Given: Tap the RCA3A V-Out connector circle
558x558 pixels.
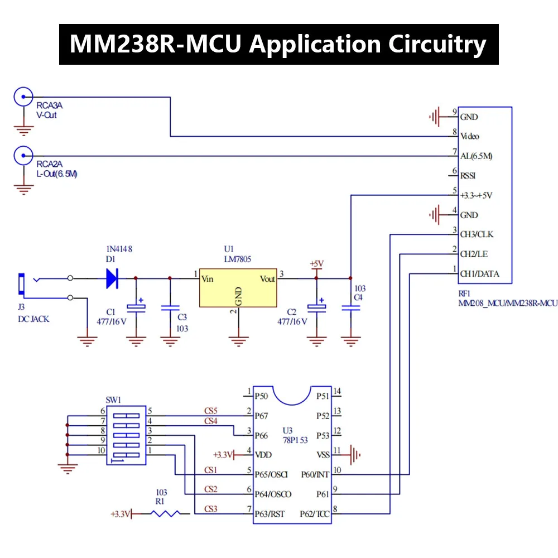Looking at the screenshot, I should point(23,97).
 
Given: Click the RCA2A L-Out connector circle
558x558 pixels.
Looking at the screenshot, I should point(23,156).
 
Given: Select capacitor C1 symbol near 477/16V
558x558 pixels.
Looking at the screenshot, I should point(135,307).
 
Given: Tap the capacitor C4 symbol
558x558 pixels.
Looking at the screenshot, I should point(350,307).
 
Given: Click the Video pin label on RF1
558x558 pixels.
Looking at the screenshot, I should point(469,137).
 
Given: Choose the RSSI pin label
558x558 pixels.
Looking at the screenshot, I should point(468,176).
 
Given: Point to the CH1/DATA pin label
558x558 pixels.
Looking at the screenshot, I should point(479,274).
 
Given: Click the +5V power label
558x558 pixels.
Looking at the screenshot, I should point(317,263).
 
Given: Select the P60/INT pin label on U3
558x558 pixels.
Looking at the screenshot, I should point(315,475).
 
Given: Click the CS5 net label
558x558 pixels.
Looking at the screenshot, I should point(211,410).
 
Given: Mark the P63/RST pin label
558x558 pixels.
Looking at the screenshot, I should point(270,514).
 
